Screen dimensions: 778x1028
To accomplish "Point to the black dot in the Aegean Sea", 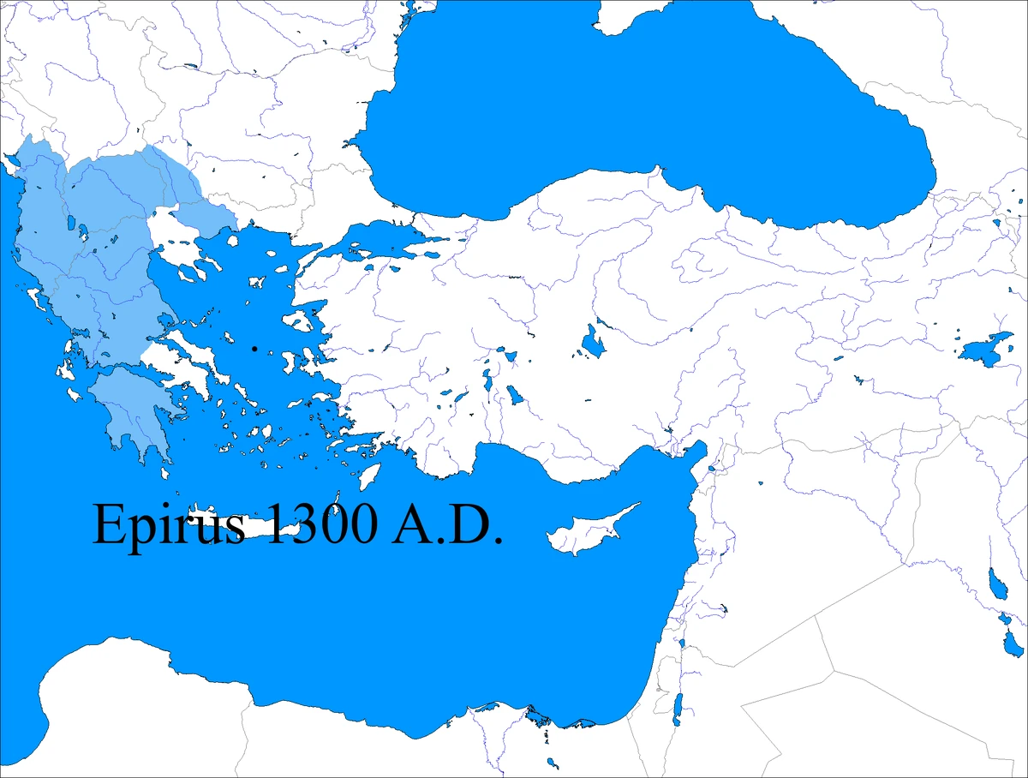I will pos(254,349).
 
